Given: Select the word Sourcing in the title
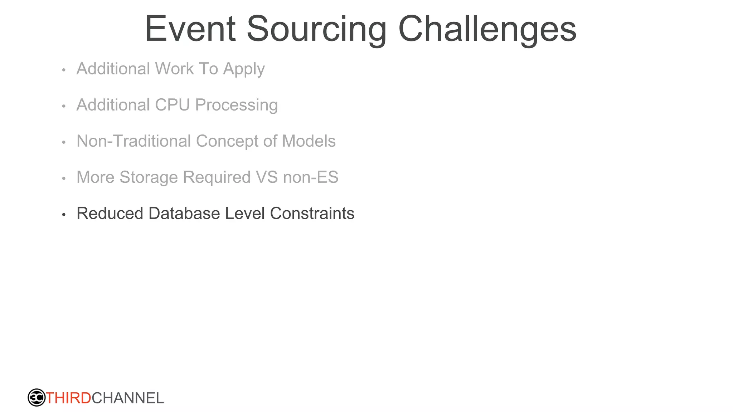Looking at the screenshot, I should (x=316, y=29).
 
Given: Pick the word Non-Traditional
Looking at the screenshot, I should (x=134, y=141).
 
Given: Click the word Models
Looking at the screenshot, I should (x=309, y=141).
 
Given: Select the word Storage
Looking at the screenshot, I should (x=149, y=177).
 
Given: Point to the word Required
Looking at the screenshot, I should (x=217, y=177).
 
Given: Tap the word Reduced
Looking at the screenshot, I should (x=110, y=214).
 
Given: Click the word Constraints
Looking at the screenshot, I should (x=312, y=214).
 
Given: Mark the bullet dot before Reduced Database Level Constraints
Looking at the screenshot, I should (x=64, y=215).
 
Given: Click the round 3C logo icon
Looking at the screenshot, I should (x=37, y=398).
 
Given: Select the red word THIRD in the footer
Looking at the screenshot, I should (x=68, y=398).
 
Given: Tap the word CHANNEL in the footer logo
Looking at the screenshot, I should (x=128, y=398).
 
